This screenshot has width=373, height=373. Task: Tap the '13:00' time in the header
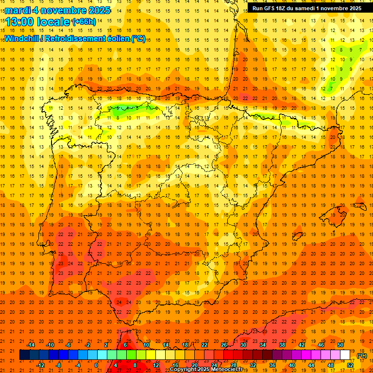[20, 21]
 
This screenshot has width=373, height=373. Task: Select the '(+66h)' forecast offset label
[84, 22]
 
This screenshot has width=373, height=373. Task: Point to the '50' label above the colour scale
[340, 344]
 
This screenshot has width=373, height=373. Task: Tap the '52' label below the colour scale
[350, 365]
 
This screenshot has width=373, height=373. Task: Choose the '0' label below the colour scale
[97, 365]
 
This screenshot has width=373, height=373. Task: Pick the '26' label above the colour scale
[224, 344]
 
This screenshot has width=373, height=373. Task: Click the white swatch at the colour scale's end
[345, 355]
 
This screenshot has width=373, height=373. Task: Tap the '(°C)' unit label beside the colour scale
[361, 356]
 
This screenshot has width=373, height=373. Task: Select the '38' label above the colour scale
[282, 344]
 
